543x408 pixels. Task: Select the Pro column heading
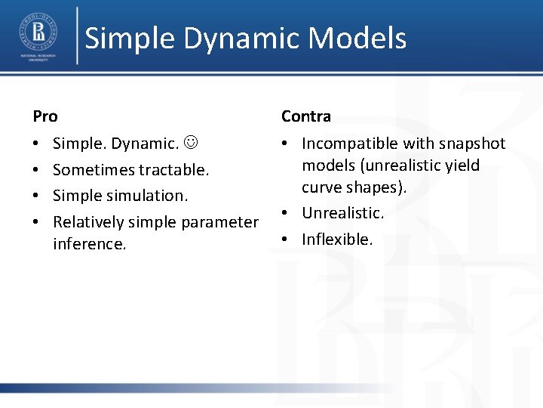(45, 116)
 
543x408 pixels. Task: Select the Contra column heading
(305, 116)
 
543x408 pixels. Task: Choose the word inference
(89, 244)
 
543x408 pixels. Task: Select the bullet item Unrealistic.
(342, 214)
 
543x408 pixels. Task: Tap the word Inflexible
(337, 240)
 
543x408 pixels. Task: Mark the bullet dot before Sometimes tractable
(37, 170)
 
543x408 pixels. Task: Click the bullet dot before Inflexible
(287, 240)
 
